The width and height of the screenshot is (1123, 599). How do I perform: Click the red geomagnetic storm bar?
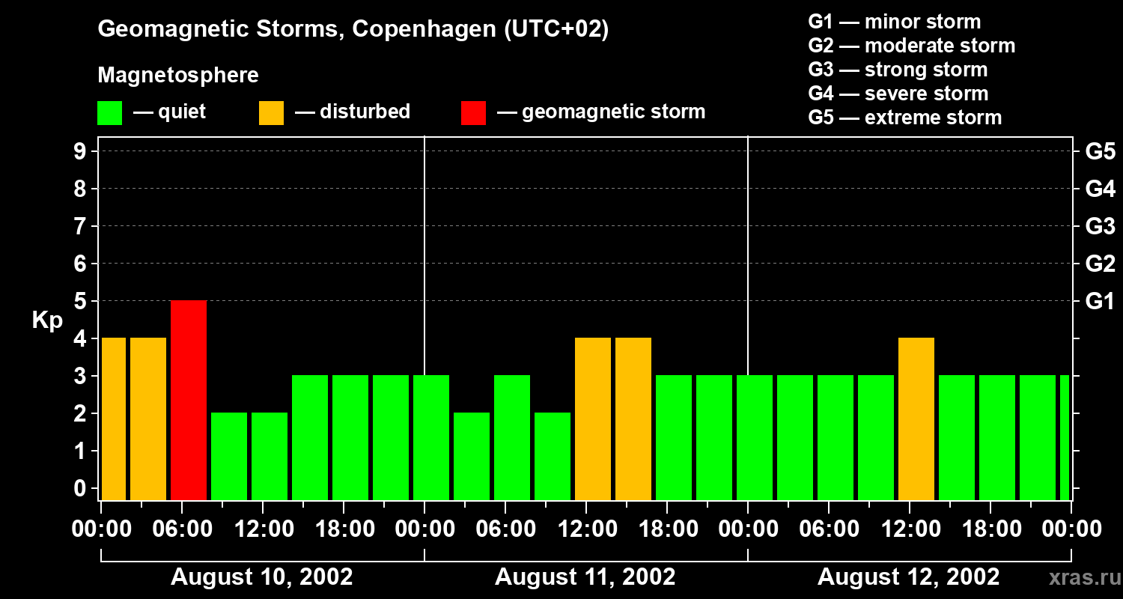click(189, 400)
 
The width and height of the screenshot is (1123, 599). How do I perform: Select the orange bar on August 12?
click(916, 419)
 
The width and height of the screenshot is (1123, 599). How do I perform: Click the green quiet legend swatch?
click(109, 113)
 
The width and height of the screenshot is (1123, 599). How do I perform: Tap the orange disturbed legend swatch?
click(271, 113)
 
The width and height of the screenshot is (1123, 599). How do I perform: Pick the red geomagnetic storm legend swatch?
click(473, 113)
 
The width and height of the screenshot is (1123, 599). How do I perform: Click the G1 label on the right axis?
click(1100, 302)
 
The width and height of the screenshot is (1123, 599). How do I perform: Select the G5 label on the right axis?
click(1100, 152)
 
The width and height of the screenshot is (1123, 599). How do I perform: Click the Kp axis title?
click(47, 320)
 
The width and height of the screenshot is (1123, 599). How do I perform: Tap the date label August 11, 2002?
click(585, 577)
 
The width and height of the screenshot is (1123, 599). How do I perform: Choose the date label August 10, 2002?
click(262, 577)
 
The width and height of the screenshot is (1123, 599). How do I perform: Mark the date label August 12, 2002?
click(908, 577)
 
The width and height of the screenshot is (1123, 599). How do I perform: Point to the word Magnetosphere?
click(178, 76)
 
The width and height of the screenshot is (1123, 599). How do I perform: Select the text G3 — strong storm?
click(898, 70)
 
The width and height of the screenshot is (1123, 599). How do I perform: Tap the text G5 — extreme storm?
click(904, 118)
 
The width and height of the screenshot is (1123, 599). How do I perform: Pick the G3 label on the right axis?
click(1100, 227)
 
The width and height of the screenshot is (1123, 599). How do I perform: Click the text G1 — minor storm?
click(894, 22)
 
